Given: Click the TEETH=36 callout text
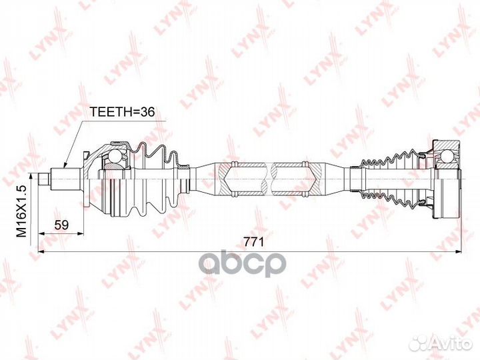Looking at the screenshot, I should tap(122, 112).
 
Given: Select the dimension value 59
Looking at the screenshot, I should tap(62, 225).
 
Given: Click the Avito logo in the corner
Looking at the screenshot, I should tap(440, 343).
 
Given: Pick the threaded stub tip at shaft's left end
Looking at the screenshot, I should tap(44, 178).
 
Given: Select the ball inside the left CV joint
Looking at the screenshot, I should tap(115, 157).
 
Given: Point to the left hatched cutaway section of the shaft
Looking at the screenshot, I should tap(239, 177).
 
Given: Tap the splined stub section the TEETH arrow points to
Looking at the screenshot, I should tap(71, 178).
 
